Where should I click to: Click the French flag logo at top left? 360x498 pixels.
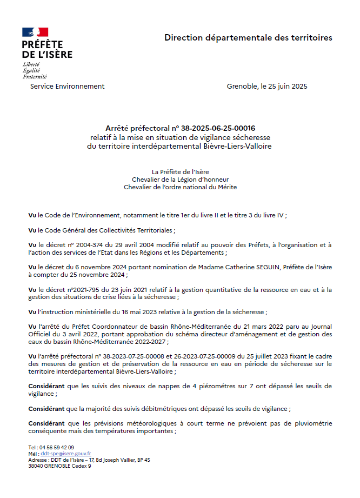tap(35, 32)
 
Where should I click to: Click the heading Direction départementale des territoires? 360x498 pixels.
tap(248, 38)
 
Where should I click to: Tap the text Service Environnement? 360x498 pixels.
tap(68, 87)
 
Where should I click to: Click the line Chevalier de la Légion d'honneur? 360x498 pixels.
tap(180, 180)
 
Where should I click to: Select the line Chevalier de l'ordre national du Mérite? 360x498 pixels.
tap(180, 187)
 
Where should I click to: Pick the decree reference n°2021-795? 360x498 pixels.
tap(86, 289)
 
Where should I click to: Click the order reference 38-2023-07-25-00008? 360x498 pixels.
tap(132, 356)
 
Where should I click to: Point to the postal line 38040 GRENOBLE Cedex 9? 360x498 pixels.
tap(59, 466)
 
